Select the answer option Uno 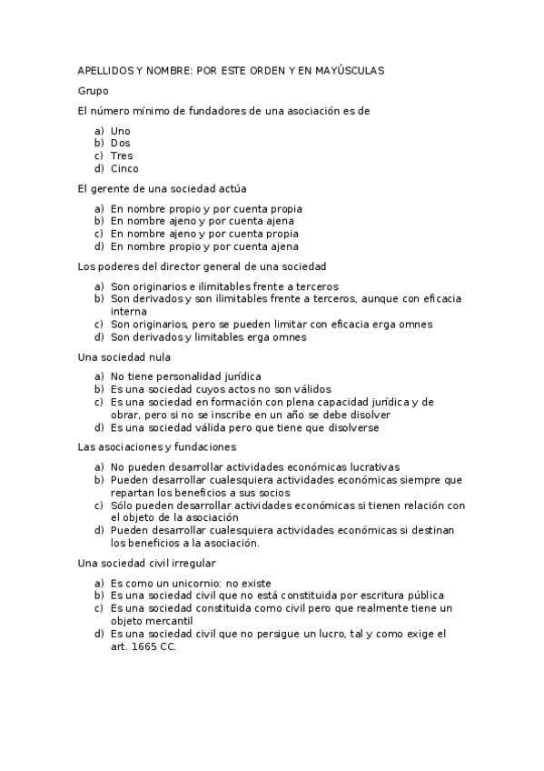coord(121,131)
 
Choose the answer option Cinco coord(125,168)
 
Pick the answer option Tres coord(122,155)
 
